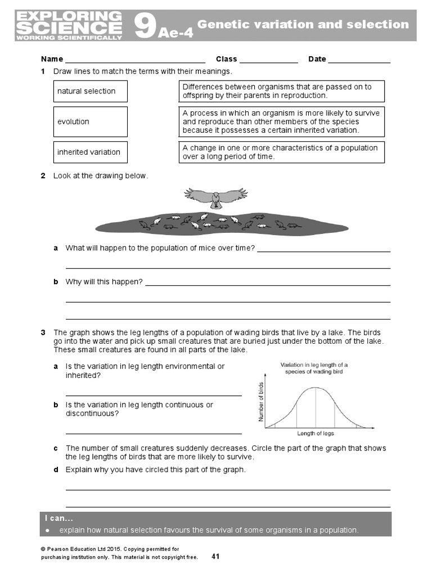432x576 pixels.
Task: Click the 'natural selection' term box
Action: tap(90, 91)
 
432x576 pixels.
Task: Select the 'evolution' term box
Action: tap(90, 121)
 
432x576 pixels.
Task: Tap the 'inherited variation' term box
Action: tap(90, 152)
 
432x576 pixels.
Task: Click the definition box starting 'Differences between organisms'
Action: tap(281, 91)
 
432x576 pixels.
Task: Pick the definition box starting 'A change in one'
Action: tap(281, 152)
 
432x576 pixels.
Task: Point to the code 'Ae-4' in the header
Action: tap(175, 33)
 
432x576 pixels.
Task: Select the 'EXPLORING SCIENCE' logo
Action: tap(69, 25)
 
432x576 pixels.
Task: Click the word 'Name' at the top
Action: tap(52, 59)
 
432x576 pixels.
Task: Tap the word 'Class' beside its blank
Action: tap(226, 59)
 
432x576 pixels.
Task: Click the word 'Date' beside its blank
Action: tap(317, 59)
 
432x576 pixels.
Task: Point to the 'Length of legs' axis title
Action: tap(316, 433)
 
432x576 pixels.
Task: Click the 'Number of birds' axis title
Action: tap(261, 402)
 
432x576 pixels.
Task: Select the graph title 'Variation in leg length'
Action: tap(314, 368)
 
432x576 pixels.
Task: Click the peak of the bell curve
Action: tap(316, 388)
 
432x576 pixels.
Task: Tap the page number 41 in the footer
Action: tap(215, 556)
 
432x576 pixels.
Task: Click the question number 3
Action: tap(43, 332)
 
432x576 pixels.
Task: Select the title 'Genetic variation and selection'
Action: tap(303, 24)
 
